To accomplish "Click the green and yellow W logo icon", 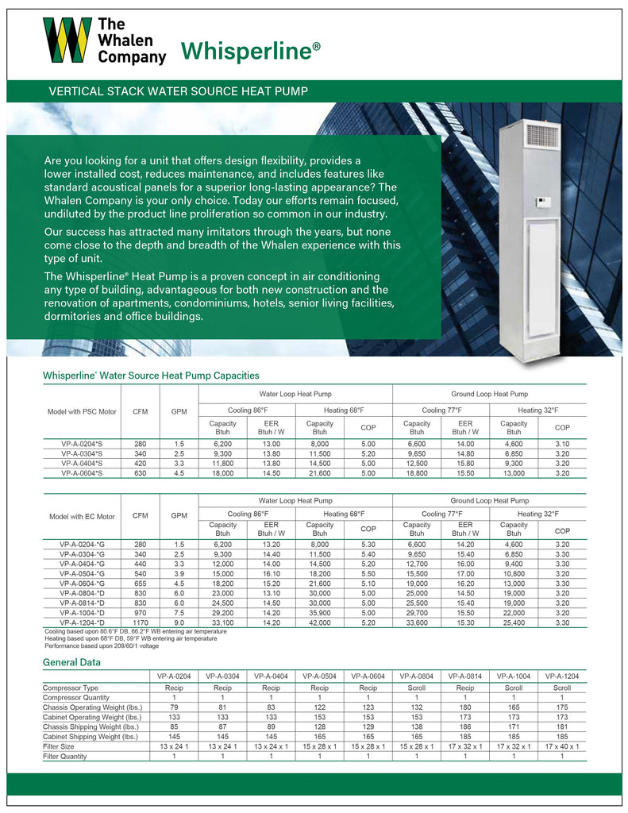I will pyautogui.click(x=67, y=40).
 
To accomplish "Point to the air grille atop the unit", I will pyautogui.click(x=543, y=136).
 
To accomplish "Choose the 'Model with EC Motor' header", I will pyautogui.click(x=82, y=516).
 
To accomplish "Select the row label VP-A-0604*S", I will pyautogui.click(x=81, y=473).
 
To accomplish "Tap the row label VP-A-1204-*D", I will pyautogui.click(x=81, y=623).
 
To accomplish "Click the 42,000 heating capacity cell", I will pyautogui.click(x=320, y=623).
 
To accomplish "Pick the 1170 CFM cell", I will pyautogui.click(x=141, y=623).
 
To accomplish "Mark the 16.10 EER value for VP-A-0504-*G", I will pyautogui.click(x=271, y=572).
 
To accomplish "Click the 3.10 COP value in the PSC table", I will pyautogui.click(x=562, y=445).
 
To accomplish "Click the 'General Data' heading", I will pyautogui.click(x=71, y=662).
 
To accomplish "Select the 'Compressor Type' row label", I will pyautogui.click(x=71, y=688).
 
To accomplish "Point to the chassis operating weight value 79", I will pyautogui.click(x=174, y=707).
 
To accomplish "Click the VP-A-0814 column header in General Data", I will pyautogui.click(x=465, y=676).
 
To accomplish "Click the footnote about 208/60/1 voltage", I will pyautogui.click(x=102, y=645).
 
